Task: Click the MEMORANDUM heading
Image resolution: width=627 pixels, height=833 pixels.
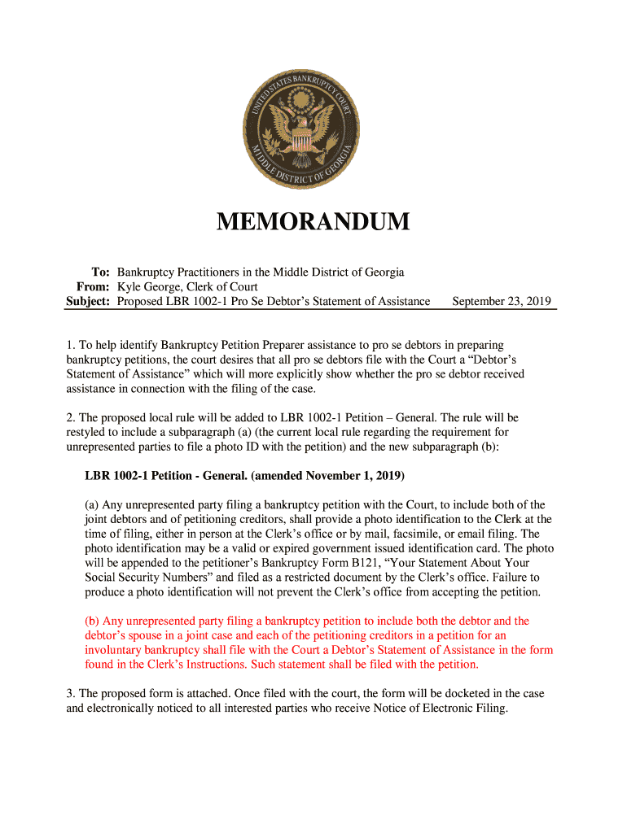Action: tap(313, 221)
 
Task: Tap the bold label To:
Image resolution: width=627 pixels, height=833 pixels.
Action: tap(100, 272)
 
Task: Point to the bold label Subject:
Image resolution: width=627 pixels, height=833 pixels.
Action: tap(87, 301)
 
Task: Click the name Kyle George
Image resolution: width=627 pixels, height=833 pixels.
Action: tap(147, 286)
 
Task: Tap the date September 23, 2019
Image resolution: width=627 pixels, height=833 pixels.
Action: tap(502, 301)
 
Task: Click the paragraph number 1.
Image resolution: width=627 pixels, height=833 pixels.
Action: tap(70, 345)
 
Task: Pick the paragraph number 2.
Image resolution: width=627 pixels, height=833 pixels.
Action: tap(70, 418)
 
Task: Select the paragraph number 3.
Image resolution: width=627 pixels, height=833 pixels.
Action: tap(70, 693)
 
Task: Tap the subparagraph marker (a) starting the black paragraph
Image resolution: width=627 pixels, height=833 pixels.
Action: tap(92, 504)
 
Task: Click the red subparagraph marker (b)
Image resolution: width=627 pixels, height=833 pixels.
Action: tap(92, 620)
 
